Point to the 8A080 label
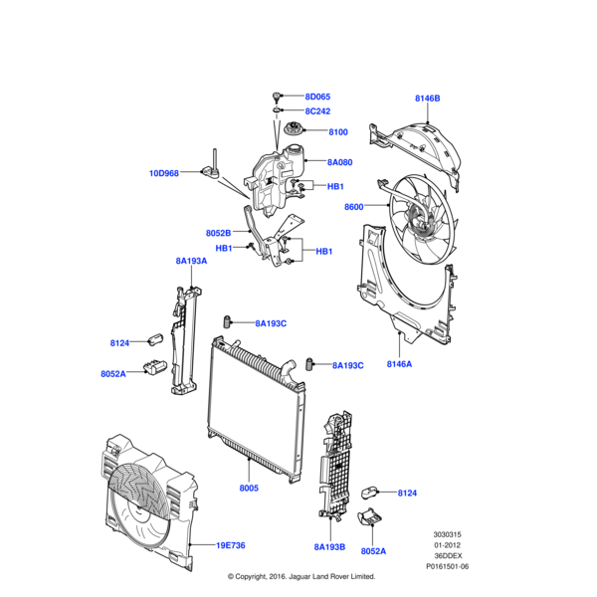pyautogui.click(x=339, y=162)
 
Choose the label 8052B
pyautogui.click(x=219, y=233)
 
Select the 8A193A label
pyautogui.click(x=190, y=261)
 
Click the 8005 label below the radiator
pyautogui.click(x=248, y=489)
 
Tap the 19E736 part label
pyautogui.click(x=231, y=545)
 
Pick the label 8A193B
pyautogui.click(x=328, y=546)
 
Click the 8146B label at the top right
pyautogui.click(x=427, y=99)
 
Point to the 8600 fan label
pyautogui.click(x=354, y=207)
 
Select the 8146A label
pyautogui.click(x=400, y=364)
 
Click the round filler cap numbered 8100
pyautogui.click(x=296, y=132)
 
